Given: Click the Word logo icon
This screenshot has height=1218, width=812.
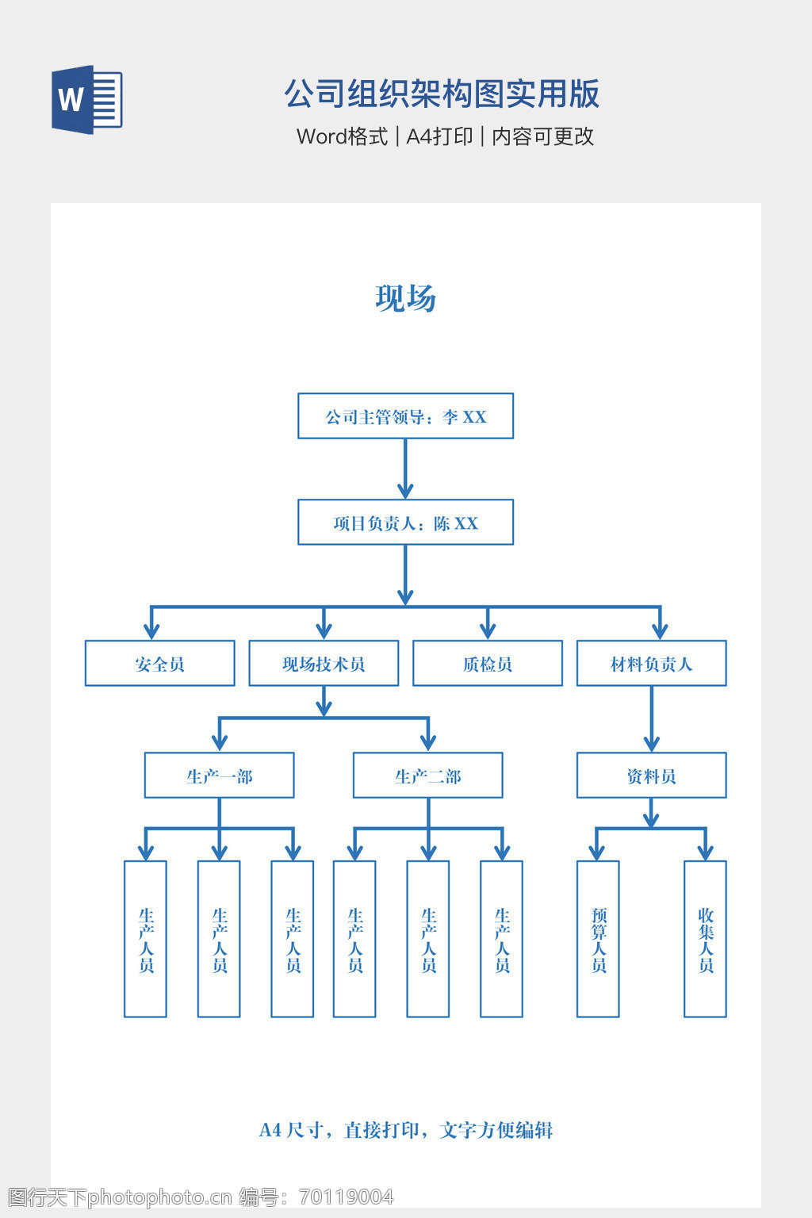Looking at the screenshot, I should (x=87, y=99).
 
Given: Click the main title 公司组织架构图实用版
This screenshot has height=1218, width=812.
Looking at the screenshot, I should (x=442, y=94).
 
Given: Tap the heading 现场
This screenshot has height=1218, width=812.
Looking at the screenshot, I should (x=405, y=298).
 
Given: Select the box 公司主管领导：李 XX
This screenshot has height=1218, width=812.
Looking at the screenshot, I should (x=405, y=416).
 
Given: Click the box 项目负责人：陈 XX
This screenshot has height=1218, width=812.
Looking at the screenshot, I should (x=405, y=523).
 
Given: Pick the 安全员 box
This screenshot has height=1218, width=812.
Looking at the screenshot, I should (x=159, y=664).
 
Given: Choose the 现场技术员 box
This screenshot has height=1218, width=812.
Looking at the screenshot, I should (x=324, y=664).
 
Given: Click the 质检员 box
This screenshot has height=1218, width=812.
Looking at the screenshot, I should (x=487, y=664).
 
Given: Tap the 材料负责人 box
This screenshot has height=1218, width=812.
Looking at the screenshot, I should (x=651, y=664).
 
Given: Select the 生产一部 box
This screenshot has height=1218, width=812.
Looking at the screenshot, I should (x=219, y=776).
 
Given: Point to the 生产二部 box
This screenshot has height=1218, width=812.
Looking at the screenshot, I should (x=427, y=776).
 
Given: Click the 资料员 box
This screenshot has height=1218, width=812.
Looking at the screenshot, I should (x=651, y=776).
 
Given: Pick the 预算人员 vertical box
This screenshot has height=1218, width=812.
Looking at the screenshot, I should (x=598, y=939).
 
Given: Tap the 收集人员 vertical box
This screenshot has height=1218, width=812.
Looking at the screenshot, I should (x=705, y=939).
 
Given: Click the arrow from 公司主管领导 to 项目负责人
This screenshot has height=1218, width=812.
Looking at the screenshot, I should (x=405, y=469).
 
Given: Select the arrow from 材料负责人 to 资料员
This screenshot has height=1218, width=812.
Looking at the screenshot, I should (x=651, y=718).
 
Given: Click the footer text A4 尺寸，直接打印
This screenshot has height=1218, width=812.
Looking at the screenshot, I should (x=405, y=1130).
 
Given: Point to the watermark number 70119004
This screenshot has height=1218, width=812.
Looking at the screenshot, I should (x=347, y=1197).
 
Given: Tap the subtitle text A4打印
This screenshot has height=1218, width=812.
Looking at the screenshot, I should (x=439, y=136).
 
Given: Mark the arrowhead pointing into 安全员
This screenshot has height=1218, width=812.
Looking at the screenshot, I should (x=151, y=631).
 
